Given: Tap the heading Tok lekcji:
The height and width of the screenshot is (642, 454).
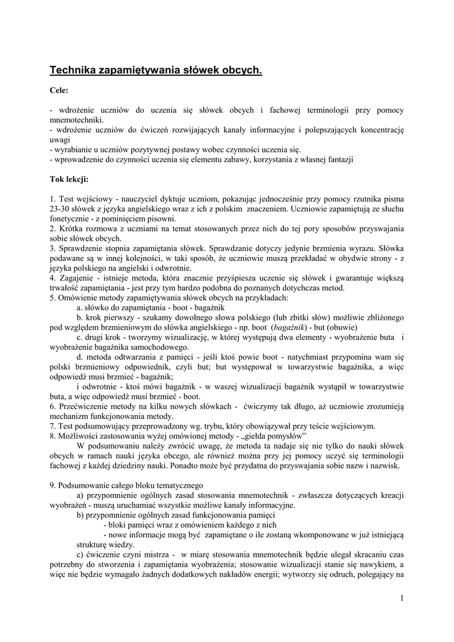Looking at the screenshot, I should point(69,179).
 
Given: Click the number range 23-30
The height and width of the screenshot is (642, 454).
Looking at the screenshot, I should point(61,209).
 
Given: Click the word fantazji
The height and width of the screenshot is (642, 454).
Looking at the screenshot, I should point(337,159).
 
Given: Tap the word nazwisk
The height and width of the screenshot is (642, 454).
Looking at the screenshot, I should point(381,465).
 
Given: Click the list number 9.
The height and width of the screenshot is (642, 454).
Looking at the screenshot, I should point(52,485).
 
